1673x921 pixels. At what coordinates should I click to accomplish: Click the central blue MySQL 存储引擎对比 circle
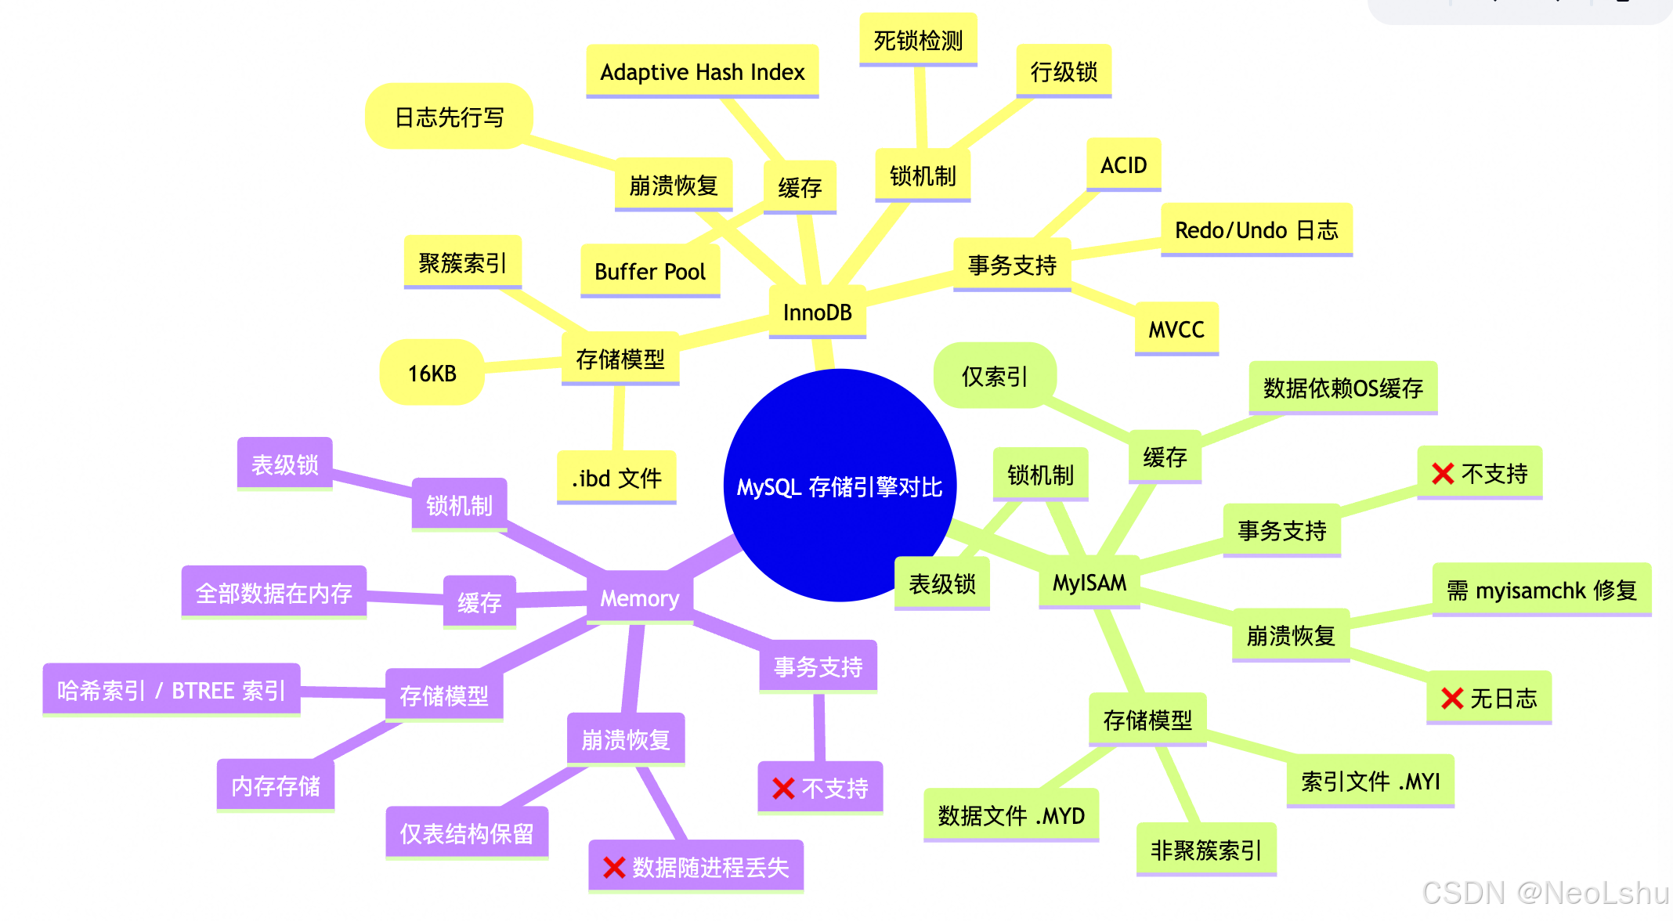click(840, 486)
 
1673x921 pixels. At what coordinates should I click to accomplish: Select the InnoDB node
click(817, 312)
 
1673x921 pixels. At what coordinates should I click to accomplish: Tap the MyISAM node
click(1089, 583)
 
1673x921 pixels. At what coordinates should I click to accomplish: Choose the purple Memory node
click(639, 598)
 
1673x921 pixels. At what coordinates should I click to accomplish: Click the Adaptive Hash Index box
click(702, 72)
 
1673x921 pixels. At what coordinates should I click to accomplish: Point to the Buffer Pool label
click(649, 272)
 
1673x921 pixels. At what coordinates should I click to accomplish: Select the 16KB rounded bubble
click(432, 373)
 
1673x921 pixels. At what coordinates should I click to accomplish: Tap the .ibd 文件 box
click(616, 478)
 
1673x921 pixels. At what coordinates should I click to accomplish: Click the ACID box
click(1123, 165)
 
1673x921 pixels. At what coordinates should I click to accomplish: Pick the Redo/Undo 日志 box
click(1256, 230)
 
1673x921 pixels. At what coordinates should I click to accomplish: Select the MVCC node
click(1176, 330)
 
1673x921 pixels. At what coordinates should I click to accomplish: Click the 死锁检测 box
click(918, 40)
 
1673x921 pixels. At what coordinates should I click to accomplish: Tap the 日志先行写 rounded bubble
click(449, 117)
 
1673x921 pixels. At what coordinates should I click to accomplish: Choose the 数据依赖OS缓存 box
click(1342, 388)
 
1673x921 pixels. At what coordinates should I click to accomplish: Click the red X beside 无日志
click(1451, 698)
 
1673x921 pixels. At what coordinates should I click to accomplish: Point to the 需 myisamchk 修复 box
click(1541, 590)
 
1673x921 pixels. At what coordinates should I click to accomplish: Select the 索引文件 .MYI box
click(1370, 781)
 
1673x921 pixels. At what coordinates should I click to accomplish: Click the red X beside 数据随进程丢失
click(613, 867)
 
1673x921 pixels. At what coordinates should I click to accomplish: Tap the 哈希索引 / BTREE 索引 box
click(171, 690)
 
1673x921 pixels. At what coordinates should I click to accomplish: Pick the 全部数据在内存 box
click(273, 593)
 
